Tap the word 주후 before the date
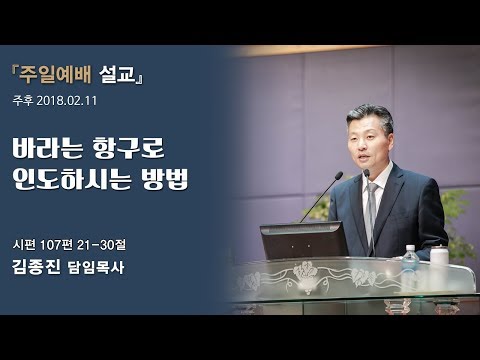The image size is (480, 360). [22, 100]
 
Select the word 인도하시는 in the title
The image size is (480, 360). [79, 182]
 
